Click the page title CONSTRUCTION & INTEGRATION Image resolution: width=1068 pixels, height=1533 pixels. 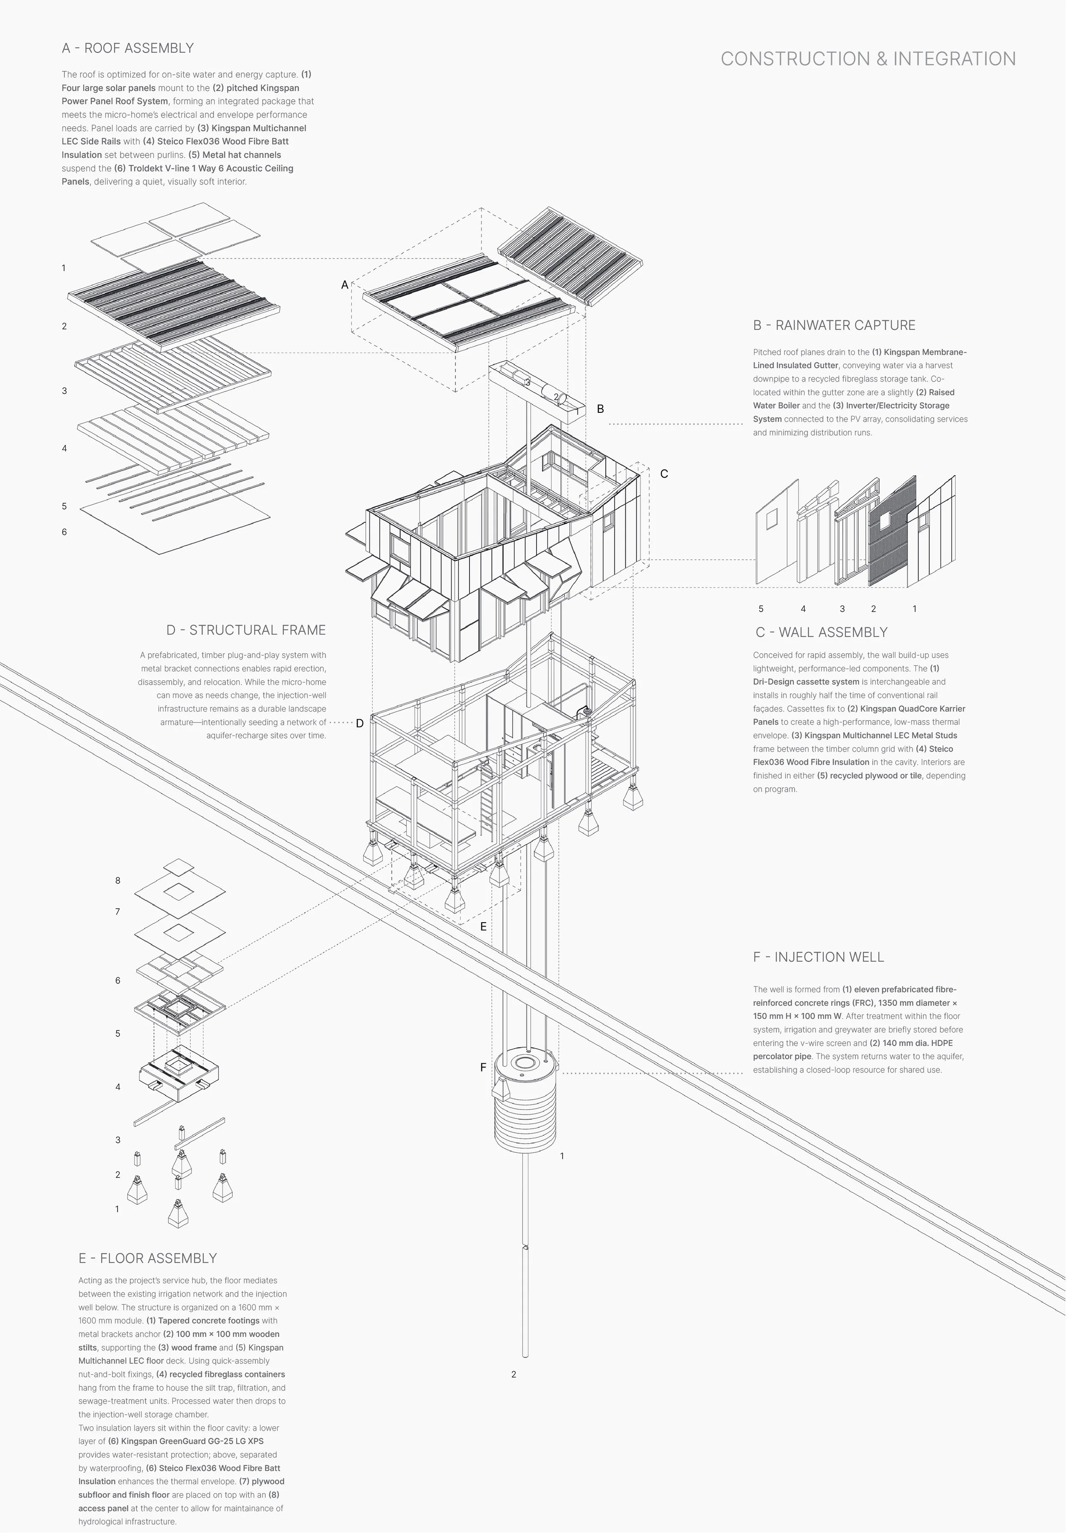pyautogui.click(x=868, y=59)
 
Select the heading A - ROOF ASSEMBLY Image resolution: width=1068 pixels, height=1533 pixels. pyautogui.click(x=127, y=48)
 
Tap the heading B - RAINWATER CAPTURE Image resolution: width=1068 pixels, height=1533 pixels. pyautogui.click(x=834, y=325)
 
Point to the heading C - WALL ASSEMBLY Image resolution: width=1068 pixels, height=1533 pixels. pyautogui.click(x=821, y=632)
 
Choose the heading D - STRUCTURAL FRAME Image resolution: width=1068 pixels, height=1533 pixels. pyautogui.click(x=246, y=630)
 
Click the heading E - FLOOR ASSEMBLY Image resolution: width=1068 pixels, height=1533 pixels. pyautogui.click(x=147, y=1259)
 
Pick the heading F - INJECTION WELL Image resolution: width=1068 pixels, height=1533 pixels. pyautogui.click(x=819, y=957)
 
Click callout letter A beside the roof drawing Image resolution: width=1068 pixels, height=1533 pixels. pyautogui.click(x=344, y=285)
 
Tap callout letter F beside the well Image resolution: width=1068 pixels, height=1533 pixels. pyautogui.click(x=483, y=1068)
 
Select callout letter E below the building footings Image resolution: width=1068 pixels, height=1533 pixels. pyautogui.click(x=483, y=927)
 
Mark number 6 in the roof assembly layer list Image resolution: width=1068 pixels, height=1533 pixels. pyautogui.click(x=64, y=532)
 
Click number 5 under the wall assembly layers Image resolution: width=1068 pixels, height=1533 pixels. pyautogui.click(x=761, y=609)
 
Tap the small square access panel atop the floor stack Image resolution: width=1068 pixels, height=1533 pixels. pyautogui.click(x=179, y=867)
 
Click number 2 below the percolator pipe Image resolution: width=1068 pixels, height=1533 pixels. pyautogui.click(x=513, y=1374)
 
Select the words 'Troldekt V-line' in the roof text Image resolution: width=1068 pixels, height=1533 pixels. pyautogui.click(x=160, y=168)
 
